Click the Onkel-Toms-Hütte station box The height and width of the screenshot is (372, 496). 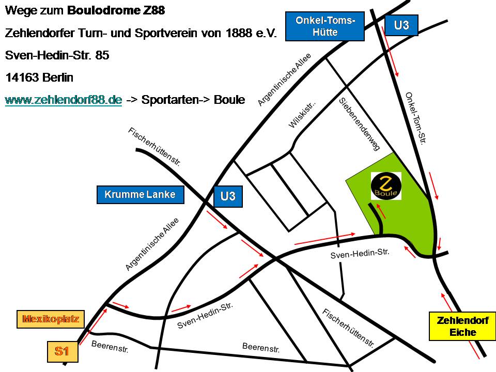click(x=324, y=26)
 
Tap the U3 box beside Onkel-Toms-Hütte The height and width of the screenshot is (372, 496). click(x=401, y=25)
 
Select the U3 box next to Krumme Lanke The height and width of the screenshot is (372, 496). click(x=228, y=196)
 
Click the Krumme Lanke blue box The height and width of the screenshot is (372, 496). click(x=140, y=195)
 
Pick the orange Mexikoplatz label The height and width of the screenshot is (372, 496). click(x=50, y=319)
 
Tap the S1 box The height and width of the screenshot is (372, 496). click(x=63, y=351)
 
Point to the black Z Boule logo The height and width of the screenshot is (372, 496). click(x=386, y=186)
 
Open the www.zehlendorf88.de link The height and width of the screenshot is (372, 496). click(x=64, y=100)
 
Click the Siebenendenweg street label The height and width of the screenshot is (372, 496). click(x=359, y=124)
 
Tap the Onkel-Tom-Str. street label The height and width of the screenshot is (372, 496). click(x=415, y=118)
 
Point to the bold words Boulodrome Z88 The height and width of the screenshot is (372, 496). click(x=116, y=11)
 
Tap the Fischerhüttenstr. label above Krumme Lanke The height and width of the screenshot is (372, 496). click(x=154, y=146)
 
